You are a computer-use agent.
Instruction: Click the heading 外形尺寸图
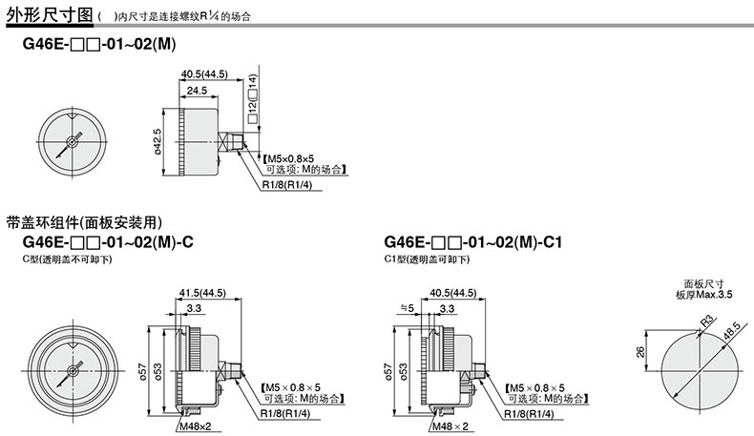(50, 14)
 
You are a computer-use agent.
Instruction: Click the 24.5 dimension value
(198, 91)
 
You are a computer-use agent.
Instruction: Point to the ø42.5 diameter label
(157, 142)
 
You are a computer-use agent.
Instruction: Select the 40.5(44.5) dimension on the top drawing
(204, 74)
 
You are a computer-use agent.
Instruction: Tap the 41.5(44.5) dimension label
(202, 293)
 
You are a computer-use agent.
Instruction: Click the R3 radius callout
(708, 322)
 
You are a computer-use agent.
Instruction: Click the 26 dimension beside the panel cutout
(640, 351)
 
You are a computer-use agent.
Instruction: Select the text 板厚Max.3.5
(704, 295)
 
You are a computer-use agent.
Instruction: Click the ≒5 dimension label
(407, 307)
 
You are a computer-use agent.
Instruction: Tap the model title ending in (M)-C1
(472, 241)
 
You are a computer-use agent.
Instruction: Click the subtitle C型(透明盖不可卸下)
(68, 260)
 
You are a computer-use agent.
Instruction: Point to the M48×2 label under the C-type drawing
(196, 426)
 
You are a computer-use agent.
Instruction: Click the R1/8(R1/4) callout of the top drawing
(287, 185)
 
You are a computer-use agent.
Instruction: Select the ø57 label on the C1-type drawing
(388, 371)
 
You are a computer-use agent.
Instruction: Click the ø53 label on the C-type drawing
(157, 371)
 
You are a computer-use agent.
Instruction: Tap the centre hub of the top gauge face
(73, 142)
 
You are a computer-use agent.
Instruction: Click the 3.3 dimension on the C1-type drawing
(447, 308)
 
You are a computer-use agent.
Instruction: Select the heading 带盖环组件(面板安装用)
(84, 222)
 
